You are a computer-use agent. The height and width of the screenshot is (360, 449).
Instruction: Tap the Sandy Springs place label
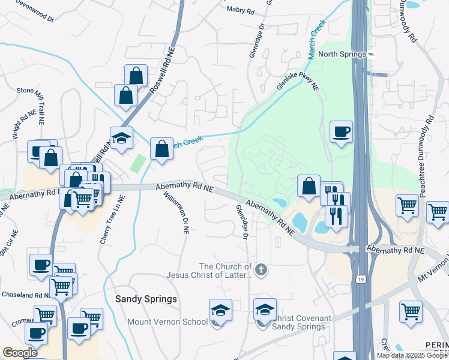pos(146,299)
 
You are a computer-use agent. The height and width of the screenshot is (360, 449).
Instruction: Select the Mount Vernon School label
pos(167,322)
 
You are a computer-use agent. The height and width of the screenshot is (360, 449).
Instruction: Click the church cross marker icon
pos(261,270)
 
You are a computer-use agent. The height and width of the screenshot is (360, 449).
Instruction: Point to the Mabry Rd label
pos(241,9)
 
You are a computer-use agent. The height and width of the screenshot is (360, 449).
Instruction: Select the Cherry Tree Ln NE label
pos(112,218)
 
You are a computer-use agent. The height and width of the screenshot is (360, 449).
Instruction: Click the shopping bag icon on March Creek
pos(162,149)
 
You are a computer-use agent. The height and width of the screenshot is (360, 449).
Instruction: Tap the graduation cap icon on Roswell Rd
pos(121,137)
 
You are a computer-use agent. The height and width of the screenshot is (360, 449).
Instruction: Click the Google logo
pos(20,353)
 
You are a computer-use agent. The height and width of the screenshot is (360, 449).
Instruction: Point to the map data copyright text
pos(412,355)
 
